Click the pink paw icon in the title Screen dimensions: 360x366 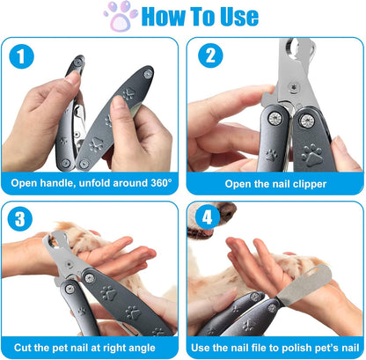(121, 17)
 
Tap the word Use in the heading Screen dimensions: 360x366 (234, 17)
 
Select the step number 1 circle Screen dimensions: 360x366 (22, 57)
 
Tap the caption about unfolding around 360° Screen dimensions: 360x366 (91, 184)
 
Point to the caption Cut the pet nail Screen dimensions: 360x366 (91, 349)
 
